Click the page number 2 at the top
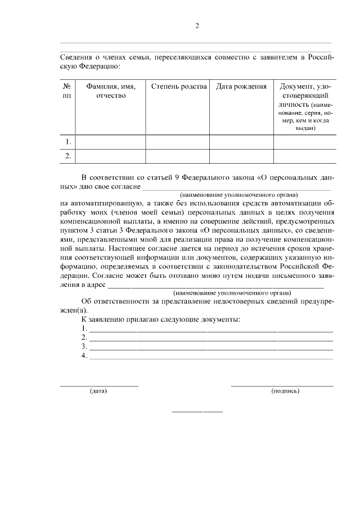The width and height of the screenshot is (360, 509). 197,26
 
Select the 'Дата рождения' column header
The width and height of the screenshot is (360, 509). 241,87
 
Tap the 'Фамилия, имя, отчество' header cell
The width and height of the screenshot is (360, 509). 111,91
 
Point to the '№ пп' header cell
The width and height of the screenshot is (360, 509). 67,91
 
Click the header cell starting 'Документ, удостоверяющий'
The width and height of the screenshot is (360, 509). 305,107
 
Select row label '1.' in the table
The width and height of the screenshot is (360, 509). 67,142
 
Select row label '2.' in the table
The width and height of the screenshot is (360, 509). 67,156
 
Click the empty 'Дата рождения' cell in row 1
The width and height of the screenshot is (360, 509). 241,142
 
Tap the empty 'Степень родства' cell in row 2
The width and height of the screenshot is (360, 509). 178,156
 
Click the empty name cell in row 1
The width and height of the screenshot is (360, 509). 111,142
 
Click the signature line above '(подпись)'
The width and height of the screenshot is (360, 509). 282,386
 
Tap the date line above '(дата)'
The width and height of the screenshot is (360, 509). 99,386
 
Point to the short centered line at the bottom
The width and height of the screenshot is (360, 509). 197,412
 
